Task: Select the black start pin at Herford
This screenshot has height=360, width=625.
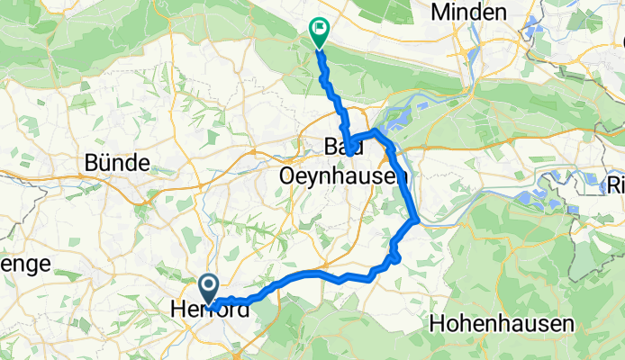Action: [x=207, y=289]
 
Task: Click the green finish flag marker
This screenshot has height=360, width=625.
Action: [x=319, y=32]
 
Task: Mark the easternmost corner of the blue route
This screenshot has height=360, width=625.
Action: [x=416, y=219]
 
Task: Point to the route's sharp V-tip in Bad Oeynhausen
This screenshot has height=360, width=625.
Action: [x=349, y=155]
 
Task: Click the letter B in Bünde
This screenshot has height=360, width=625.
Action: [x=92, y=163]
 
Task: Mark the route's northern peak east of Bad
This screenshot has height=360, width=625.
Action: [x=376, y=131]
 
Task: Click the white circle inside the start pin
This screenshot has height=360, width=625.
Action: [x=207, y=286]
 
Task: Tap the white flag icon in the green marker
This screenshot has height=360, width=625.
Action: [x=319, y=29]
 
